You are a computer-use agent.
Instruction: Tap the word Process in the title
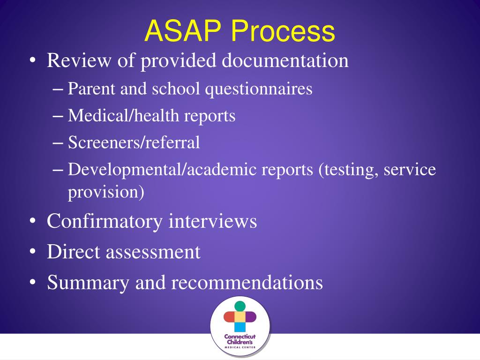282,31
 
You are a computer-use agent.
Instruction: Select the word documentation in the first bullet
285,61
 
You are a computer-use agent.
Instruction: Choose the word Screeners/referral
134,142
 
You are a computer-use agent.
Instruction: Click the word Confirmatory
105,221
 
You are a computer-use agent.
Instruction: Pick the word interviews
213,221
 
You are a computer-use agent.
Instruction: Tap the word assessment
153,252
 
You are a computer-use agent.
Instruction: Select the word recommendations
247,283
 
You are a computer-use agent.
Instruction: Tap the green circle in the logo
240,306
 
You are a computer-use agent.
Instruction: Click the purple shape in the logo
251,317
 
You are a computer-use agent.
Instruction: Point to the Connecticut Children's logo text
240,340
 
